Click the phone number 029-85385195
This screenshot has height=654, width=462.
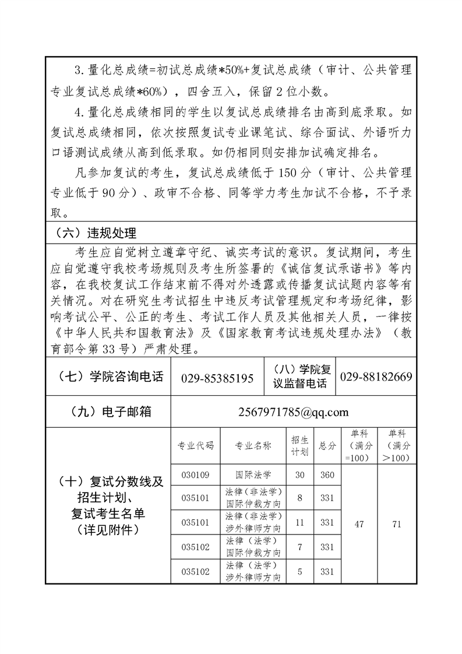tap(217, 378)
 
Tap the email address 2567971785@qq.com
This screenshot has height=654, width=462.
tap(294, 412)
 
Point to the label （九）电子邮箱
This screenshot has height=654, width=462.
tap(107, 412)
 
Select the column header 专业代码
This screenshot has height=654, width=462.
tap(195, 446)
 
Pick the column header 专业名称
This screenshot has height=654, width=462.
tap(253, 446)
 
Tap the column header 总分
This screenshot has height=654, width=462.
tap(327, 446)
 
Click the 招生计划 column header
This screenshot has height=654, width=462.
tap(300, 446)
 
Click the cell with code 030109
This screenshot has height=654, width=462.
tap(195, 474)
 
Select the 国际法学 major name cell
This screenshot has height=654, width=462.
tap(253, 474)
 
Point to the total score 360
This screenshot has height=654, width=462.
tap(327, 474)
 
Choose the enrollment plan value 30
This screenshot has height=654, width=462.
tap(300, 474)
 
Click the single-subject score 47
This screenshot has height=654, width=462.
tap(359, 524)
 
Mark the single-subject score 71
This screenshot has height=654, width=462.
tap(397, 524)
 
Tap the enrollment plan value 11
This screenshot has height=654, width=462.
tap(300, 523)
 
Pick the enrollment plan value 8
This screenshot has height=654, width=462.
tap(300, 498)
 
